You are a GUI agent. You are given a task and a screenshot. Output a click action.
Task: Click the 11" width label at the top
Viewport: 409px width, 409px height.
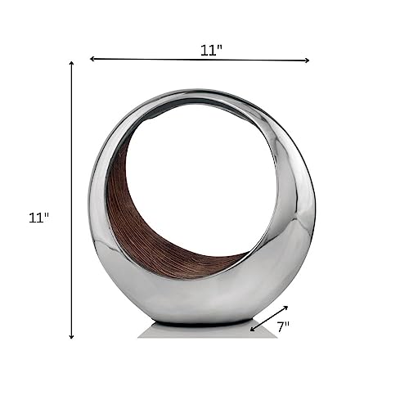(211, 49)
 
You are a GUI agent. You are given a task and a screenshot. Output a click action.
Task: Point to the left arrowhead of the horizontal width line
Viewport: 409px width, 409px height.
(92, 59)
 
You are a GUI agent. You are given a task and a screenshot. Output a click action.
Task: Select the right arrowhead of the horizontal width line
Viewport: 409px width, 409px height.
(307, 60)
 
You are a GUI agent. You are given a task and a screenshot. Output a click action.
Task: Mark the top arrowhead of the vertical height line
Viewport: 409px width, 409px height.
(72, 62)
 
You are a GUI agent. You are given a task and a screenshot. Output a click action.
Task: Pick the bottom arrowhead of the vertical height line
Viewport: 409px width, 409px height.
(72, 336)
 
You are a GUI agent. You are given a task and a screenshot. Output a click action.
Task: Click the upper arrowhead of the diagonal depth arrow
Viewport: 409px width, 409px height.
(286, 308)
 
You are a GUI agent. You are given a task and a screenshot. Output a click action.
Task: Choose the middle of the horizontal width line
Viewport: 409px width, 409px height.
(200, 59)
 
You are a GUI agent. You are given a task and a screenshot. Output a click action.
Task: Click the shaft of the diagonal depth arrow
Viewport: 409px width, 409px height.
(270, 319)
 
